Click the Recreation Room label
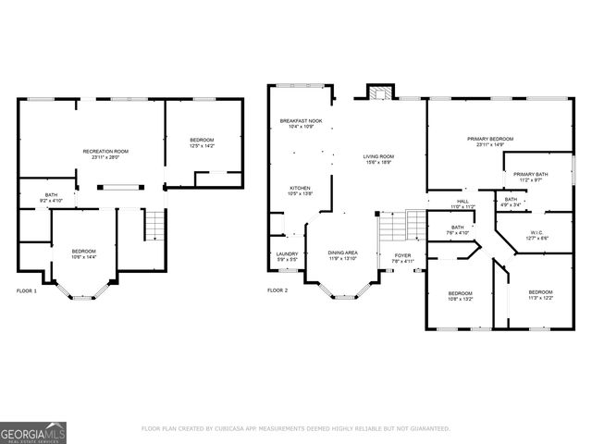(105, 151)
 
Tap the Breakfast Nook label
(301, 121)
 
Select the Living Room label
(378, 156)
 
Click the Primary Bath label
(532, 174)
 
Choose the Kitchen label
(301, 188)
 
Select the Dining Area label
(342, 253)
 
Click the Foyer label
(402, 255)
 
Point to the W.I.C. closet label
(537, 232)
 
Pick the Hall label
(462, 201)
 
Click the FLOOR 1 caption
(27, 290)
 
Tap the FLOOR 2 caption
(277, 290)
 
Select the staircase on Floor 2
(400, 227)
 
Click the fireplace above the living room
(376, 92)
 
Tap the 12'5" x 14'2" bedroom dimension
(202, 145)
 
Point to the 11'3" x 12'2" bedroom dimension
(540, 298)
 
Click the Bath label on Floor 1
(52, 195)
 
